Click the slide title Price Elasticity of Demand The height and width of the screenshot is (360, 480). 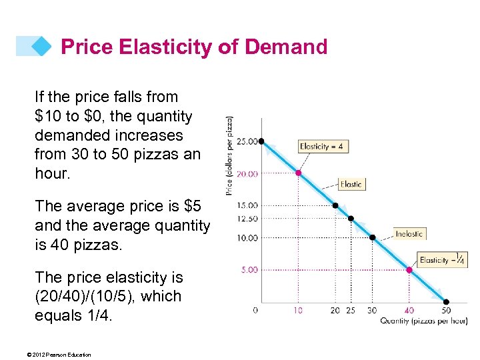point(194,47)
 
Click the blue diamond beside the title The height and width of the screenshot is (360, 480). point(41,46)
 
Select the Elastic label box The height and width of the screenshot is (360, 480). point(351,183)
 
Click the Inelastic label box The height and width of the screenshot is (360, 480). point(409,233)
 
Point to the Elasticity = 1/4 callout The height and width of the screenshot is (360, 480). point(443,260)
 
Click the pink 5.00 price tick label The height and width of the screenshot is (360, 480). point(248,270)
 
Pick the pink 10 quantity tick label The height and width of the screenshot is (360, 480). point(298,310)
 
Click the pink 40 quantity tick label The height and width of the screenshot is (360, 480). point(409,310)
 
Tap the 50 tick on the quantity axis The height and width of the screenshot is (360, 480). point(446,310)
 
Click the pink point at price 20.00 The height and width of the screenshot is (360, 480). point(299,173)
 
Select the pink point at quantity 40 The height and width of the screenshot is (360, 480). point(409,270)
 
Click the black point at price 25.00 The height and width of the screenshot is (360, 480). point(262,141)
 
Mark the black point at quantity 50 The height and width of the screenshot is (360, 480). point(446,302)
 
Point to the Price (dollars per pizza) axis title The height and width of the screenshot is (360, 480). point(230,156)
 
